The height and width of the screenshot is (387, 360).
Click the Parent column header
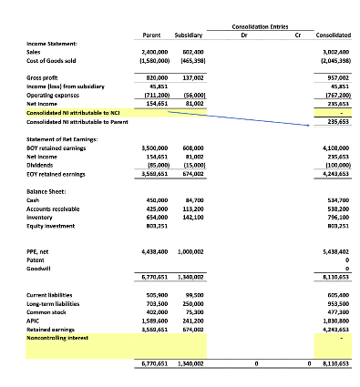pyautogui.click(x=152, y=35)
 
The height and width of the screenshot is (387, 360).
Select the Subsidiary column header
pyautogui.click(x=187, y=35)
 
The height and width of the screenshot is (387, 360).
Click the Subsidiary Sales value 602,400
pyautogui.click(x=190, y=53)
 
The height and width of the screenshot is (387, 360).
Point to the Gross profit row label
pyautogui.click(x=45, y=79)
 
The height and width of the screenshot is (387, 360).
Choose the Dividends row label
pyautogui.click(x=41, y=164)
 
